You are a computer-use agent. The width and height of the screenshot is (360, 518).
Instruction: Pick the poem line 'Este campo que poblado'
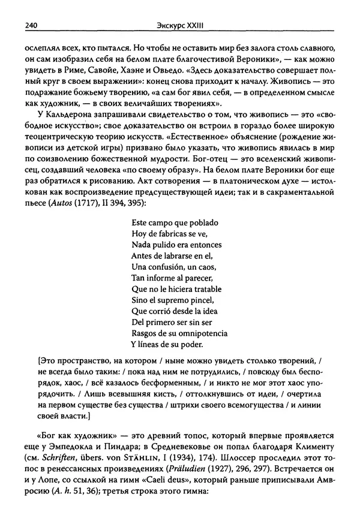pos(170,222)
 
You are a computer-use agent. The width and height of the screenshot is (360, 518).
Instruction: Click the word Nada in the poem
pos(139,245)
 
